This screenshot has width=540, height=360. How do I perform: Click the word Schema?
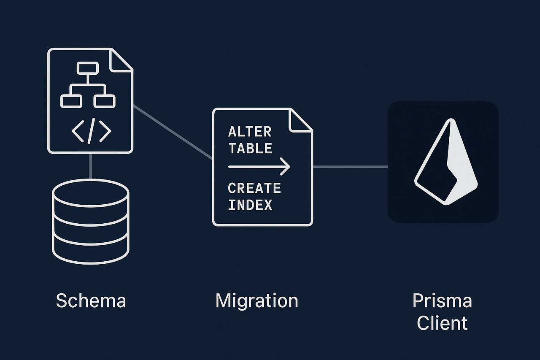(91, 301)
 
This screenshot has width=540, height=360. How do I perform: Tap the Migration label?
(256, 301)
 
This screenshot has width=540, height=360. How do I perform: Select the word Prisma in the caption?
(442, 301)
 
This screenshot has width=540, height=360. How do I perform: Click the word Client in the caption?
(442, 323)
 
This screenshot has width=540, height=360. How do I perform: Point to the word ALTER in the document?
(250, 132)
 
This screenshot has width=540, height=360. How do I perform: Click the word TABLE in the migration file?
(250, 148)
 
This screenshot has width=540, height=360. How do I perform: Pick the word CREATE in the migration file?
(254, 188)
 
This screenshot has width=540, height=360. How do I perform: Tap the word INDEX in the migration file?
(250, 205)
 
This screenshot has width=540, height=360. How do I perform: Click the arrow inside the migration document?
(259, 167)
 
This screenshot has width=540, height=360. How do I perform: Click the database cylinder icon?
(91, 222)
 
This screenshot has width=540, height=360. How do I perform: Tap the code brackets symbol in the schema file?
(91, 132)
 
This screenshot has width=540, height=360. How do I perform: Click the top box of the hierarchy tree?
(88, 68)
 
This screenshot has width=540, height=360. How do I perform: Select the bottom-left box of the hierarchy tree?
(71, 101)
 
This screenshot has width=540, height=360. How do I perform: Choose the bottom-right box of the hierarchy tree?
(105, 101)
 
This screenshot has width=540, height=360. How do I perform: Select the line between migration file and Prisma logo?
(350, 167)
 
